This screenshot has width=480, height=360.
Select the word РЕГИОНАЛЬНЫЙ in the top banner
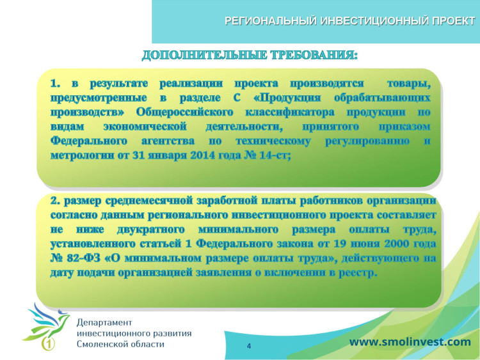point(269,21)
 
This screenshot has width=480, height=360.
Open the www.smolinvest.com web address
point(410,342)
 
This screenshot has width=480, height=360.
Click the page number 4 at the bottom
point(248,346)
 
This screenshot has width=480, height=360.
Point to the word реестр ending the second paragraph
point(360,272)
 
